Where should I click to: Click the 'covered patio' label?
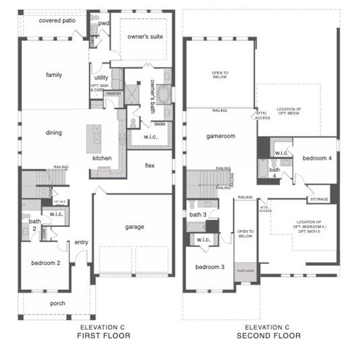[58, 20]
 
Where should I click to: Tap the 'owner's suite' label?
[145, 36]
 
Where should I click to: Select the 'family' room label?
[54, 75]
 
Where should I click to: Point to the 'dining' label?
[53, 133]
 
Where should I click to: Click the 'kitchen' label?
[102, 158]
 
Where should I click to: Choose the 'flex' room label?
[150, 166]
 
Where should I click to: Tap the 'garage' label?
[134, 227]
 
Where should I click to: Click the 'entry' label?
[81, 243]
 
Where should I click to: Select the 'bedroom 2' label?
[46, 263]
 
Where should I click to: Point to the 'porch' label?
[58, 303]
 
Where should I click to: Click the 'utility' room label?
[101, 78]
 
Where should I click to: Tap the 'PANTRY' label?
[113, 94]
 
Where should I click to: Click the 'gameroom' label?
[220, 137]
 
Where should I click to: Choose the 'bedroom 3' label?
[210, 267]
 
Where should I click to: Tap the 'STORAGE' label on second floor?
[318, 200]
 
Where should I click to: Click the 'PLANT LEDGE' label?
[245, 272]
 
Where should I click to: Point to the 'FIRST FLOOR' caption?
[104, 336]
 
